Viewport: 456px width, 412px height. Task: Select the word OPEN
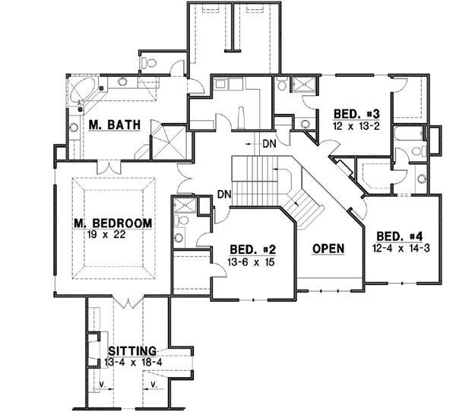328,249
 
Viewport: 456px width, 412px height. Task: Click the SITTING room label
132,350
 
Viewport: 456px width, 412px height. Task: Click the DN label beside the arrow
269,143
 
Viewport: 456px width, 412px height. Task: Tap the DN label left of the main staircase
223,195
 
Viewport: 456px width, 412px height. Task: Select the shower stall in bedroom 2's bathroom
182,205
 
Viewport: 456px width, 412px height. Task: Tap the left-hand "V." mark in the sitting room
101,385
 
